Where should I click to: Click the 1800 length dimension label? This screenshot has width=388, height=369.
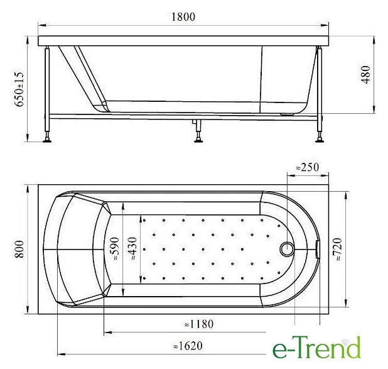(183, 17)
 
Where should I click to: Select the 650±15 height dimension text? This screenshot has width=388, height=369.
(19, 89)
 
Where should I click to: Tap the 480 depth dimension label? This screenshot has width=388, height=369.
(366, 75)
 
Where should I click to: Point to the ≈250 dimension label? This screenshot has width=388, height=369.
(308, 167)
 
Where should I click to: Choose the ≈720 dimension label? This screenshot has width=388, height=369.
(337, 250)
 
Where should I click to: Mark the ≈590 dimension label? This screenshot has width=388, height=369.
(114, 248)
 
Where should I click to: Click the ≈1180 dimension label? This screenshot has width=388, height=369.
(199, 324)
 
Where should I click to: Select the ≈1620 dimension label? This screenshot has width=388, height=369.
(188, 346)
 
